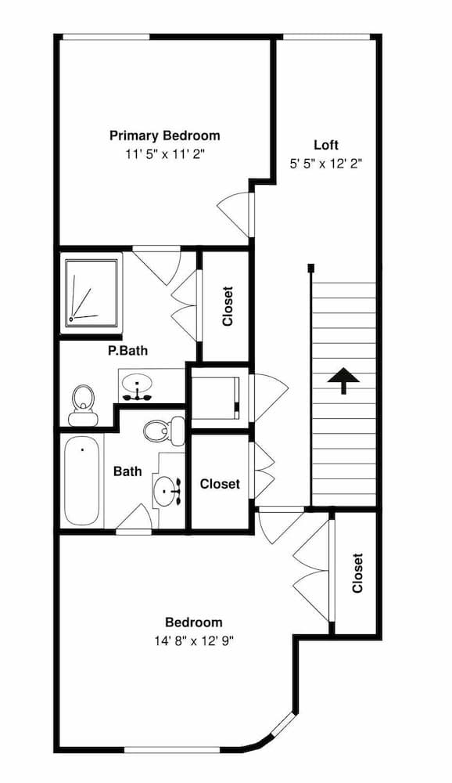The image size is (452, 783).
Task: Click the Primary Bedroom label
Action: (164, 135)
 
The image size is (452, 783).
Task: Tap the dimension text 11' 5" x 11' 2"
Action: (164, 154)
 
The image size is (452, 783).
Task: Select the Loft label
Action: (326, 145)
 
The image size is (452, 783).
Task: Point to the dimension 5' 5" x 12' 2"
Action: (326, 164)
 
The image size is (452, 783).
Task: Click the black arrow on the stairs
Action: (343, 382)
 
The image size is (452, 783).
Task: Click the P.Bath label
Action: (127, 351)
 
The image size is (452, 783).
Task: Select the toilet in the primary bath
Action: (81, 403)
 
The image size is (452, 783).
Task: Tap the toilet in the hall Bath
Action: (165, 428)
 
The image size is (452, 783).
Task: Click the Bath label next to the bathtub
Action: (127, 471)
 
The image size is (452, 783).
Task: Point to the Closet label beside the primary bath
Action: (228, 306)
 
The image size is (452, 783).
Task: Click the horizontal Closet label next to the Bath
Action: (220, 484)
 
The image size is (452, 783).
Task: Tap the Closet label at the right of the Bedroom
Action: (357, 573)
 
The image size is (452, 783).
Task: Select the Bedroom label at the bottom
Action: (193, 622)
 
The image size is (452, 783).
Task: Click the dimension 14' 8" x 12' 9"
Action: (193, 640)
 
